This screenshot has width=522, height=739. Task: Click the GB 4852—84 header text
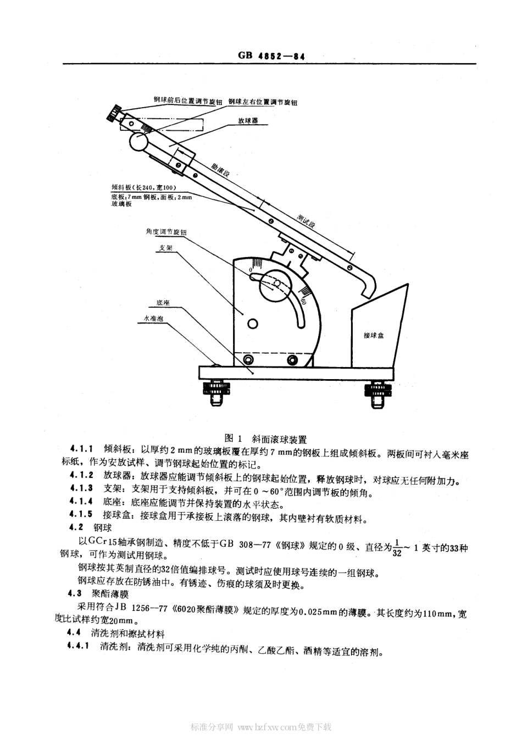[271, 56]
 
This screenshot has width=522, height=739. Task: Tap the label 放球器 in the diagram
[248, 120]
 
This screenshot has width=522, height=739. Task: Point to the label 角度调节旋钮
[166, 232]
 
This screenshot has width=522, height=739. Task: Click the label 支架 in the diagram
[166, 248]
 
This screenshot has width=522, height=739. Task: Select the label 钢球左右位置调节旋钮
[263, 101]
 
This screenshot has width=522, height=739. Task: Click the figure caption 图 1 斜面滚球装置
[266, 438]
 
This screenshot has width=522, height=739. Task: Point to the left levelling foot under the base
[214, 391]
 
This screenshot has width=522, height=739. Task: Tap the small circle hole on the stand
[252, 324]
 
